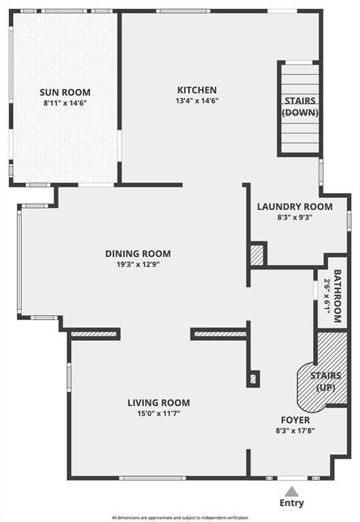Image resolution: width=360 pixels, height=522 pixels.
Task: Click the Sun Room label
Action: pos(65,92)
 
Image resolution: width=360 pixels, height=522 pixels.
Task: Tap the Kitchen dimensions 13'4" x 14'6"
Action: pos(197,101)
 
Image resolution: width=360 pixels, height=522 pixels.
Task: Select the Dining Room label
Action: pos(138,254)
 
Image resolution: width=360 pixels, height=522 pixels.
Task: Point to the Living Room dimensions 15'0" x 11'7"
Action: pos(159,414)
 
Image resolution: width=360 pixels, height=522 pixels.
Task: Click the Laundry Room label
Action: pos(295,207)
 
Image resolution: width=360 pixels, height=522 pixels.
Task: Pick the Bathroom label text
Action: pos(338,296)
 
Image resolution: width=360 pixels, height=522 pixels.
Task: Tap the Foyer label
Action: pos(295,420)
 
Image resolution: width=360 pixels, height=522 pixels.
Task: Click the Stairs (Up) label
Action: pos(325,382)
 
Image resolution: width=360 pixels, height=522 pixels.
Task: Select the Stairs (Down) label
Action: pos(300,107)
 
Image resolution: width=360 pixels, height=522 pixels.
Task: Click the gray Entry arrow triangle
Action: pos(292,491)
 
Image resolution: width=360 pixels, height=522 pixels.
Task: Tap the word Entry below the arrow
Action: pos(292,503)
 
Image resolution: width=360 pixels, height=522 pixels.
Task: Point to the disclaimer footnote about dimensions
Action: pos(180,518)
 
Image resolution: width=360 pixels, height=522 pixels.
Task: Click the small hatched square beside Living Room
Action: pos(253,379)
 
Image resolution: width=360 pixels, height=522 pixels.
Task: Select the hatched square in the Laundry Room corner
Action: pos(257,256)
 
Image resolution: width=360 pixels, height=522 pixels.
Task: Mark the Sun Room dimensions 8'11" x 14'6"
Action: pos(65,103)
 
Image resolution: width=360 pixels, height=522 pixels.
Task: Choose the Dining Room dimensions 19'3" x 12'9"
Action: pos(138,264)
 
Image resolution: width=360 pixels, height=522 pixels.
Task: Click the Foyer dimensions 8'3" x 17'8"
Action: pos(295,431)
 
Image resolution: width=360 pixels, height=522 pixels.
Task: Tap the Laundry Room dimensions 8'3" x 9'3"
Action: pos(295,217)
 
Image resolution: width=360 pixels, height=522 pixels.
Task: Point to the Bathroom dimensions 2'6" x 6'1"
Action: pos(327,296)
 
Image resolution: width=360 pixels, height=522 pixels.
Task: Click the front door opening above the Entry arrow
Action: pos(293,478)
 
